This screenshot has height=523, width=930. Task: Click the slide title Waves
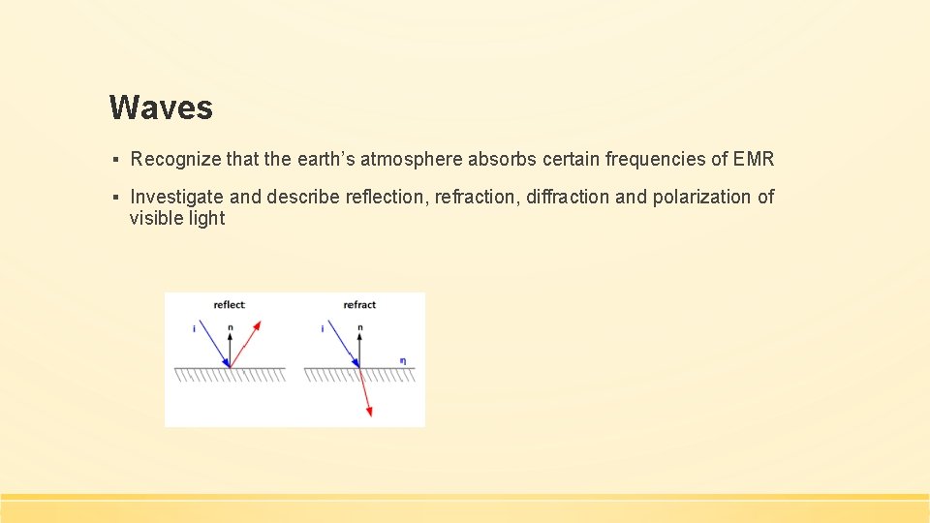coord(161,108)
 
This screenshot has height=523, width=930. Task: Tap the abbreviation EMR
coord(755,159)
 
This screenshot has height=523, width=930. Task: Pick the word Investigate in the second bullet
coord(177,197)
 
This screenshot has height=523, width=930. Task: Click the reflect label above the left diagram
coord(230,305)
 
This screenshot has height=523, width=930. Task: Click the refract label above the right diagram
coord(359,305)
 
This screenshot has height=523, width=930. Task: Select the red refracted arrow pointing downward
coord(365,393)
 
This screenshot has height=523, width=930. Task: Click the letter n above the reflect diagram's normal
coord(230,328)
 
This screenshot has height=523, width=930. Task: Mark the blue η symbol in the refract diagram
coord(403,361)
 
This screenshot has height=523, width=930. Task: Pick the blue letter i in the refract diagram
coord(323,329)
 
